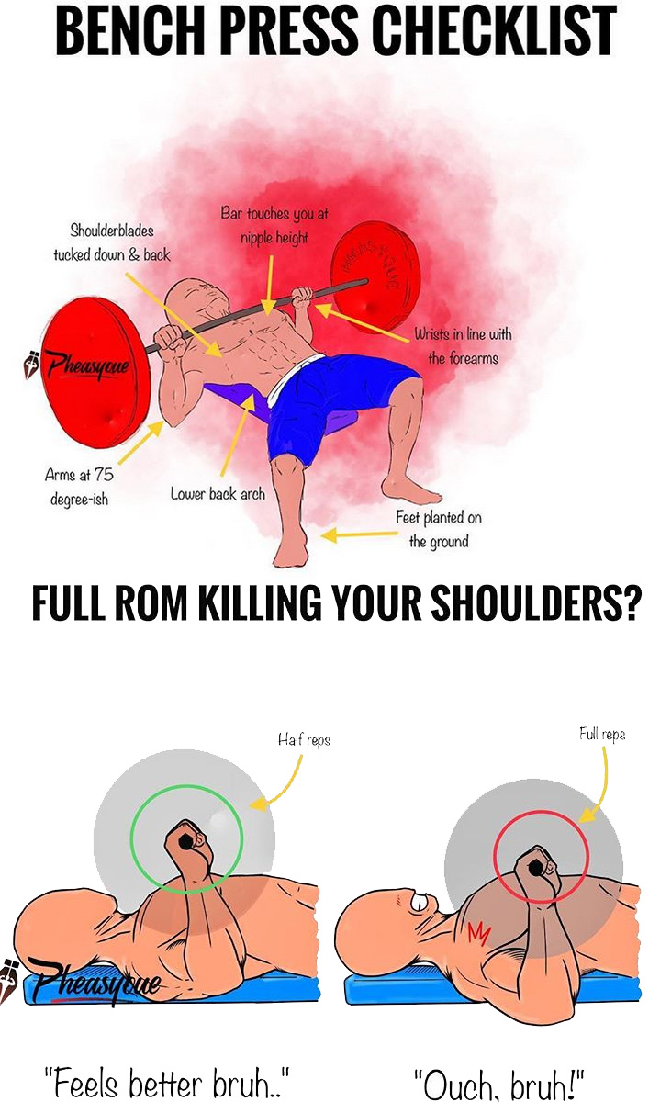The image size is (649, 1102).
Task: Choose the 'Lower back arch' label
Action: [218, 494]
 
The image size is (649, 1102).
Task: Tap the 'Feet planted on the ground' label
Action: [439, 530]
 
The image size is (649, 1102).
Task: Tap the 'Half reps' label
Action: [304, 739]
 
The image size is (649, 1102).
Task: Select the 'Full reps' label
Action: [602, 734]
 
